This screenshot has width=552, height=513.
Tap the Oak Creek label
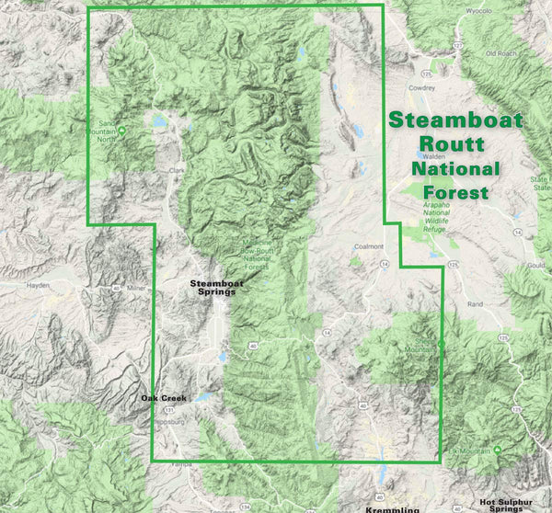point(164,397)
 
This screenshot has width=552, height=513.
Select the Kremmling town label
point(392,508)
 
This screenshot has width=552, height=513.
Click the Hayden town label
point(37,285)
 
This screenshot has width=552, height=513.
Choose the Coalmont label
point(370,246)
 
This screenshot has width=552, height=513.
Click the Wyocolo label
point(477,13)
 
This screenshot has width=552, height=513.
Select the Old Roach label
point(501,54)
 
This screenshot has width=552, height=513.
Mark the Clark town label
point(177,170)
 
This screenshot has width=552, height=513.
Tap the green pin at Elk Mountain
point(498,450)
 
